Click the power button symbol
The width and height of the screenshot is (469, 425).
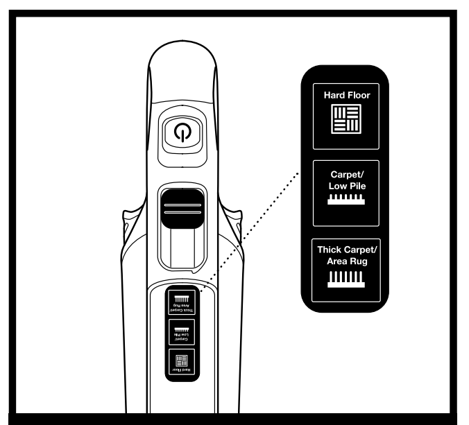[182, 133]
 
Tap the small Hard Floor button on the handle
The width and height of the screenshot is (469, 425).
[181, 362]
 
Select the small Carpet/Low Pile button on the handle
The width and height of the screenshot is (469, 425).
[181, 333]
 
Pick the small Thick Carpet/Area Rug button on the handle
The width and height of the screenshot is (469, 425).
[181, 302]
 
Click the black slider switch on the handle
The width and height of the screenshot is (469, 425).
[182, 207]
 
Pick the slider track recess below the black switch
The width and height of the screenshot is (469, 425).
[182, 246]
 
